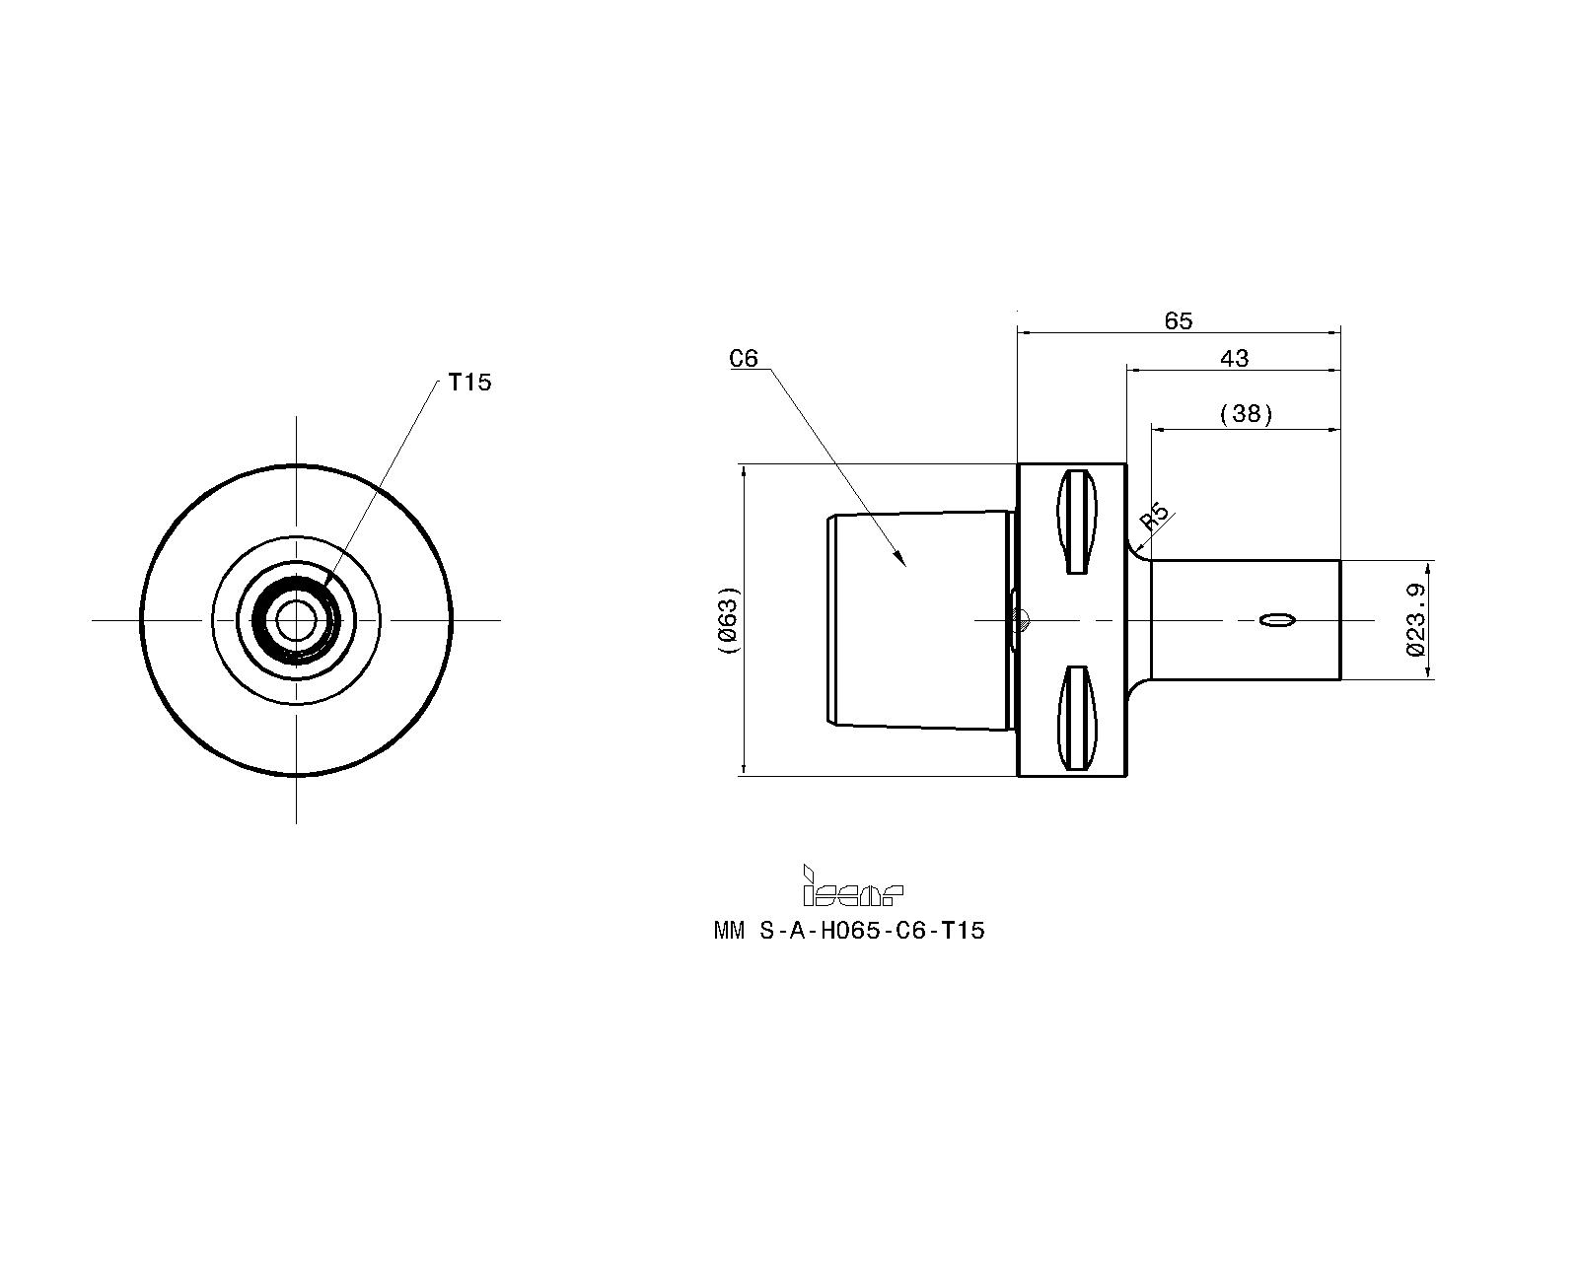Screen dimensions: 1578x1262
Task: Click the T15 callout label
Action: (x=469, y=382)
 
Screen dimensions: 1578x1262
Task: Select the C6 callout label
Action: (x=743, y=359)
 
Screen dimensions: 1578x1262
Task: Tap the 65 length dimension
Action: (x=1179, y=321)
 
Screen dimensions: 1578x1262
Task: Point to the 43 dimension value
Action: (x=1234, y=359)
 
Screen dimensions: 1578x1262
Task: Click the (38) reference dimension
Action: (x=1246, y=414)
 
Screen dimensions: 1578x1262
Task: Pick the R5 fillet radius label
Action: (x=1154, y=516)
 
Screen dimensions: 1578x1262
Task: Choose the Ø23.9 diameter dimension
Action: (x=1416, y=619)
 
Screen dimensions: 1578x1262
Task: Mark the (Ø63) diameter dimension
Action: (x=728, y=620)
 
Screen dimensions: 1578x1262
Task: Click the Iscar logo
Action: (x=852, y=885)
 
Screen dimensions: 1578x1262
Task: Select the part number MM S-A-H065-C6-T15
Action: (x=849, y=932)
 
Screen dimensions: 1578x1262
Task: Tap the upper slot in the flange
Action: (x=1076, y=522)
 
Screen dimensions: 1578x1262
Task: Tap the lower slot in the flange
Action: (x=1076, y=718)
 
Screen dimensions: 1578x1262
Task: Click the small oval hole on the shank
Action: (x=1277, y=621)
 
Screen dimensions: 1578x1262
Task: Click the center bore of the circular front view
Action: (x=296, y=620)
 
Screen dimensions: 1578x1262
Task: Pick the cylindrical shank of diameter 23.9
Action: (x=1246, y=620)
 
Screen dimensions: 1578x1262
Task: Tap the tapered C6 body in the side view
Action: (x=920, y=620)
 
